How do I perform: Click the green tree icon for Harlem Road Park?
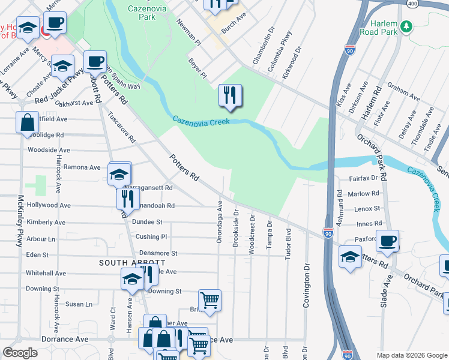click(407, 26)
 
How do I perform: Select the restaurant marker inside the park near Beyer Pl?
click(230, 95)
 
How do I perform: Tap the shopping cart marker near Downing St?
click(209, 301)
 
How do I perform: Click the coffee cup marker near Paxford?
click(387, 241)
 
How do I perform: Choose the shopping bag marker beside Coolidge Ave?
click(28, 124)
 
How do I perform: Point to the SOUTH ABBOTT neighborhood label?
click(132, 263)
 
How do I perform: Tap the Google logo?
click(20, 353)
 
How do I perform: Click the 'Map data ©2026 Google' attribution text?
click(411, 355)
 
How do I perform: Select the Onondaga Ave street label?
click(220, 222)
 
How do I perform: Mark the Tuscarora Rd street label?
click(121, 127)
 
